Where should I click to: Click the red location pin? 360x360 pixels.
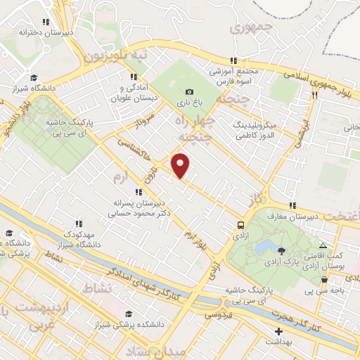tap(181, 165)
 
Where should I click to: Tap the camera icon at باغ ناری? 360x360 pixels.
tap(189, 92)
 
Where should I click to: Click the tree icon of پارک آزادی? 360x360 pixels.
tap(282, 251)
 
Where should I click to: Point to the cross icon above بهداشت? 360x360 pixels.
tap(278, 330)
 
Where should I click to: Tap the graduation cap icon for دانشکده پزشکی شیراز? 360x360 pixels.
tap(128, 314)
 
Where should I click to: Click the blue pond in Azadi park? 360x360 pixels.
tap(266, 248)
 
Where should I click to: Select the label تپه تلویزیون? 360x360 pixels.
tap(116, 56)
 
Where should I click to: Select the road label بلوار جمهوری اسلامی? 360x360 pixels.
tap(313, 79)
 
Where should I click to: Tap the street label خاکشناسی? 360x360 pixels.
tap(141, 153)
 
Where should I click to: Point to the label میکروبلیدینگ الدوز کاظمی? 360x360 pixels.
tap(263, 127)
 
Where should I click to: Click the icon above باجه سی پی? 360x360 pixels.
tap(323, 279)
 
